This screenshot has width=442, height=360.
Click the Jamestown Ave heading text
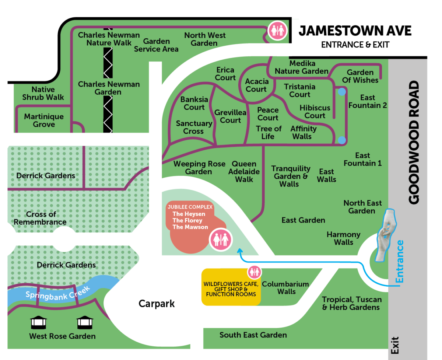pyautogui.click(x=355, y=31)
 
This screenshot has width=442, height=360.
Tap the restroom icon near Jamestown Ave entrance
pyautogui.click(x=277, y=31)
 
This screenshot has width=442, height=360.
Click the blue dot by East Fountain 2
pyautogui.click(x=342, y=92)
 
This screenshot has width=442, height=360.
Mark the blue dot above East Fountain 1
pyautogui.click(x=342, y=140)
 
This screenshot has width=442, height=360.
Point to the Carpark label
pyautogui.click(x=157, y=304)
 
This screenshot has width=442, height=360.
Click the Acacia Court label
pyautogui.click(x=256, y=85)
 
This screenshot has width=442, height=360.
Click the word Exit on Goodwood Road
pyautogui.click(x=395, y=346)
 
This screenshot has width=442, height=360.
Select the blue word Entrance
pyautogui.click(x=400, y=261)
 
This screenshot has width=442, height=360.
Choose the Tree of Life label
pyautogui.click(x=269, y=132)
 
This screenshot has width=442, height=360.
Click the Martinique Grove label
pyautogui.click(x=44, y=120)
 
